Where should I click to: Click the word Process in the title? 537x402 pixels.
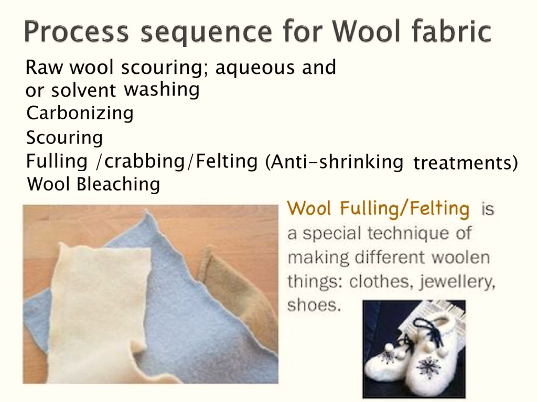77,31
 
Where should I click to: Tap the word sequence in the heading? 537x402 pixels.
207,33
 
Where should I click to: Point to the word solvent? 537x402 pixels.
83,91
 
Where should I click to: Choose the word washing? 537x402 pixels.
162,90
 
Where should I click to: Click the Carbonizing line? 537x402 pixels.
80,113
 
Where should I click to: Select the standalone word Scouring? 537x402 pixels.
65,138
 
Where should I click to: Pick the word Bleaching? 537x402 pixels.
118,185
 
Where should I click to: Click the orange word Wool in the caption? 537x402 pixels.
309,208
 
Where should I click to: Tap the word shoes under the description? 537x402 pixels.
314,305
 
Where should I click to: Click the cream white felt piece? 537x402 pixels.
99,308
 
